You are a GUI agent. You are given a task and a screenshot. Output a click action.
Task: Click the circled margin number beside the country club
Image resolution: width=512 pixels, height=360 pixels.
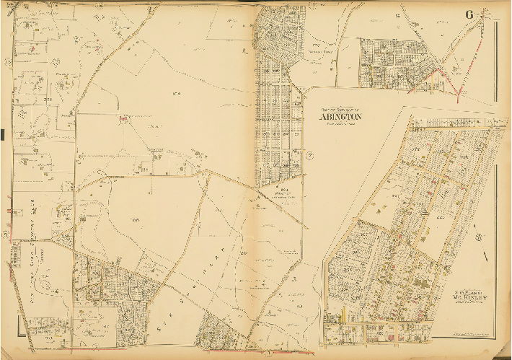6,233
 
